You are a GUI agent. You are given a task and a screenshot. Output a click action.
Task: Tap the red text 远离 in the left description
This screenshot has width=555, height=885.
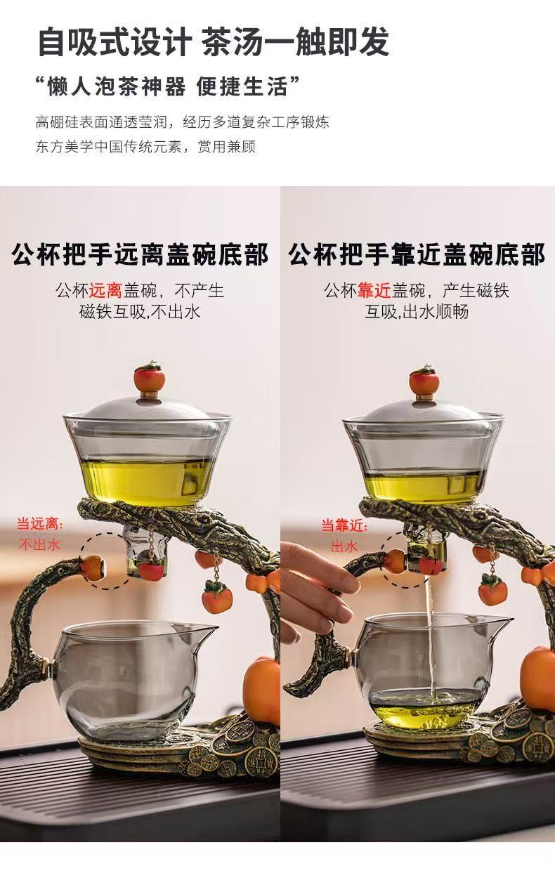pos(106,291)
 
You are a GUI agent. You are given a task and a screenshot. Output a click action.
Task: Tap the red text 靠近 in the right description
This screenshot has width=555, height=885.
pos(374,291)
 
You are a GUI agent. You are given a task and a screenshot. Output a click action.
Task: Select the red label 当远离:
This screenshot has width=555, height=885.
pos(40,525)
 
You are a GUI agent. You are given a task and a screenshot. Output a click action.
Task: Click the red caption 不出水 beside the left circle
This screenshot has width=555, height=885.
pos(39,545)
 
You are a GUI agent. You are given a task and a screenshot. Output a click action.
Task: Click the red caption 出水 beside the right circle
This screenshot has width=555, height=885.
pos(345,546)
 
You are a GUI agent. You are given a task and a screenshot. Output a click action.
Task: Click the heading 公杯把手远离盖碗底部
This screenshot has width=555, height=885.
pos(141,255)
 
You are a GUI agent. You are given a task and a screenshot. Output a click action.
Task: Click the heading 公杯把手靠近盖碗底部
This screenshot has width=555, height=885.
pos(417,255)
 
